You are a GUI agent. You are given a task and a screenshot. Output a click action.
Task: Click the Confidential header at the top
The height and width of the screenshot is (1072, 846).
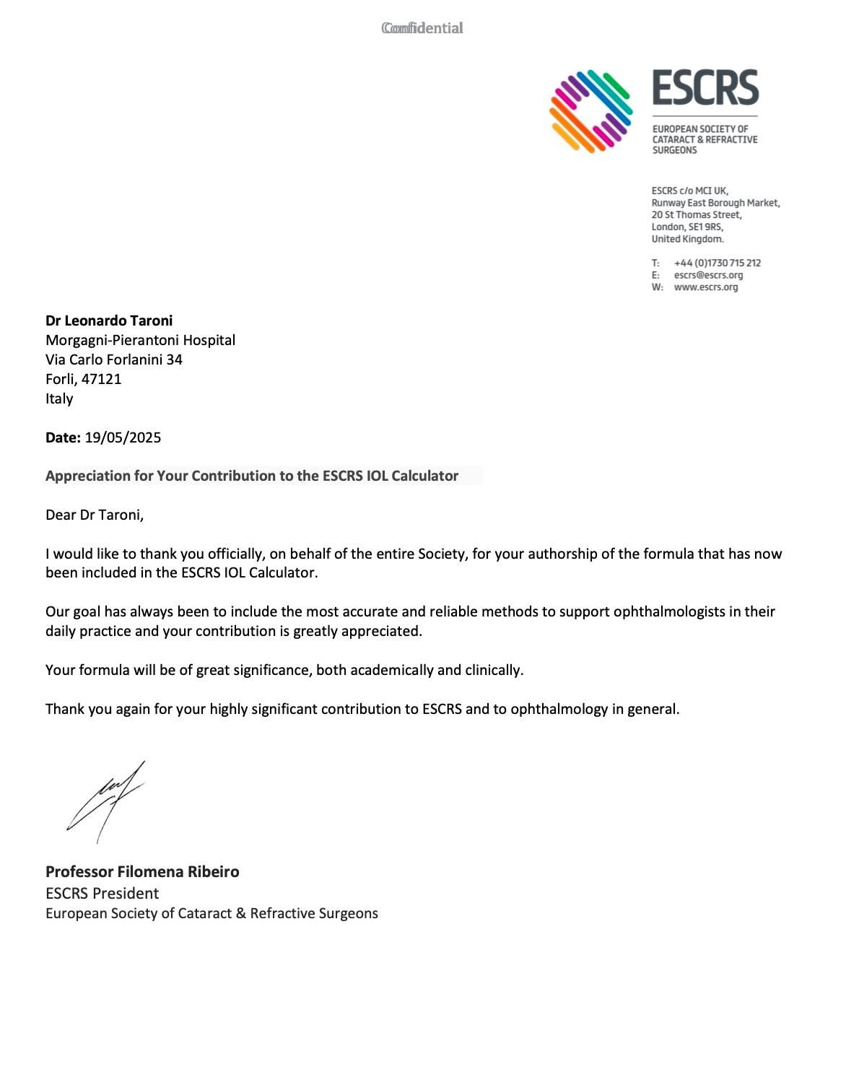[422, 28]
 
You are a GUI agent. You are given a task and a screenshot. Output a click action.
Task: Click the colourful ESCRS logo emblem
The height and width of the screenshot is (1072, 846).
[590, 111]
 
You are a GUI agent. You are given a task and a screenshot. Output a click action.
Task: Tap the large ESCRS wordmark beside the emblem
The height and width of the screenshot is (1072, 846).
[705, 88]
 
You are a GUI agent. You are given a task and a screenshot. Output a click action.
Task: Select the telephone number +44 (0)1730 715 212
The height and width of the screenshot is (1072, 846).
[717, 263]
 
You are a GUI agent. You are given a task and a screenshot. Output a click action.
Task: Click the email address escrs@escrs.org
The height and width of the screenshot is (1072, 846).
[708, 275]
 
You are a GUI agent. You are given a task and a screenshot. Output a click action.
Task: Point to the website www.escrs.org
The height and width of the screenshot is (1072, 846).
[705, 287]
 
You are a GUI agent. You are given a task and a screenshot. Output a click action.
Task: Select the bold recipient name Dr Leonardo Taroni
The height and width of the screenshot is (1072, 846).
[109, 321]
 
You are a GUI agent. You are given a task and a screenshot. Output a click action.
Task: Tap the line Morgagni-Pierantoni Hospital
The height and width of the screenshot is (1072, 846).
[140, 340]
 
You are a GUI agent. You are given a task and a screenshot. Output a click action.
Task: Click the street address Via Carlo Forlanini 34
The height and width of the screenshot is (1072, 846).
[114, 359]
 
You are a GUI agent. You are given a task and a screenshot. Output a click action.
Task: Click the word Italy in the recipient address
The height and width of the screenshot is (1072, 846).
[59, 398]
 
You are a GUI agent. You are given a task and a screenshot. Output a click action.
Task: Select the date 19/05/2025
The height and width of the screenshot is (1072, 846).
[123, 437]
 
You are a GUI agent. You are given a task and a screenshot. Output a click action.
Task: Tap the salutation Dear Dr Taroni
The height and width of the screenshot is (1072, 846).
[95, 515]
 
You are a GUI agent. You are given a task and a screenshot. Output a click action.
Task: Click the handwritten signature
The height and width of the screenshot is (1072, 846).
[107, 800]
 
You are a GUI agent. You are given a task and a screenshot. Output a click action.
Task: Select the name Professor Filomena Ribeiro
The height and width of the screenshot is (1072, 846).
[142, 871]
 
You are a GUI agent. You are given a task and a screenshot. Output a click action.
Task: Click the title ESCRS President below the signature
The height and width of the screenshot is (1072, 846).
[102, 893]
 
